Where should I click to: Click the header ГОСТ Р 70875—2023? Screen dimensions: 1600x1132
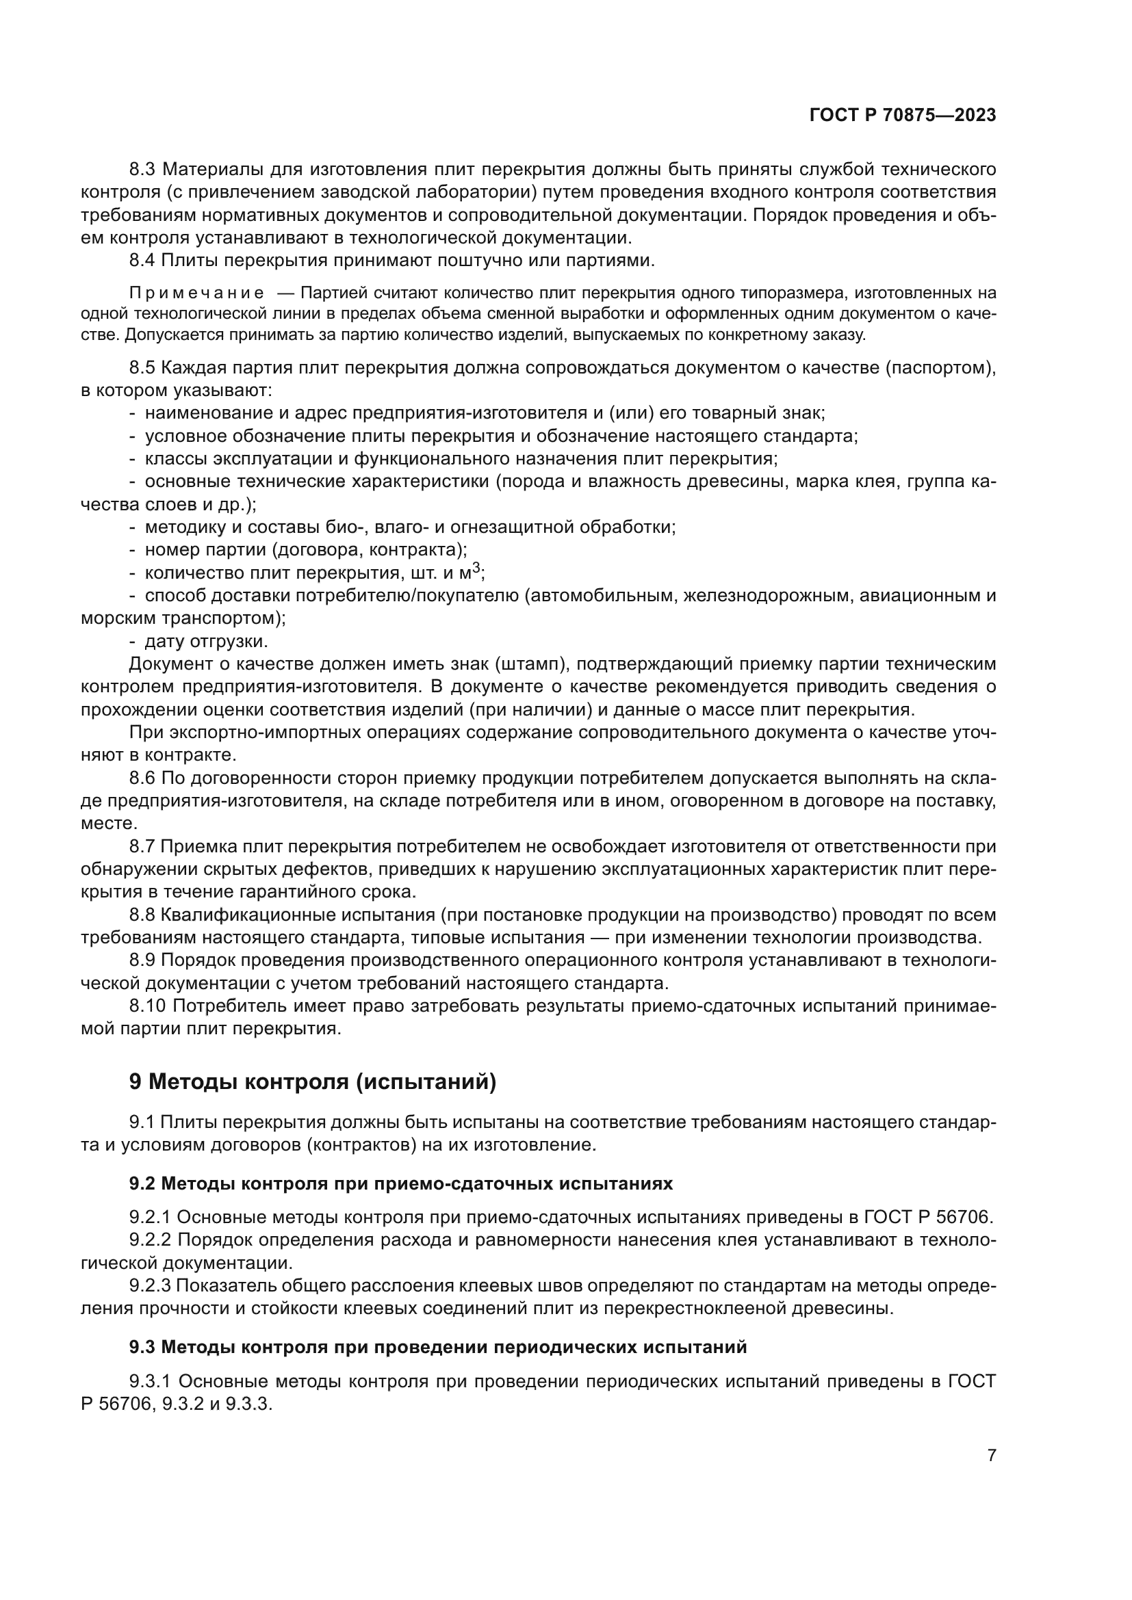pos(903,115)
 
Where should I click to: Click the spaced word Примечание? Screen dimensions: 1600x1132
pos(196,292)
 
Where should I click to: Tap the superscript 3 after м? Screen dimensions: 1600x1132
pos(476,568)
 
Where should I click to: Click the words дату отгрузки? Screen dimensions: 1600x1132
pos(205,641)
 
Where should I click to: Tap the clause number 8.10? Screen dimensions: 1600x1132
pos(148,1006)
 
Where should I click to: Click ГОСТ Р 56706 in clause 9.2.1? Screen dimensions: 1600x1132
pos(927,1218)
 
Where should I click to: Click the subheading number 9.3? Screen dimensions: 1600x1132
pos(142,1347)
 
